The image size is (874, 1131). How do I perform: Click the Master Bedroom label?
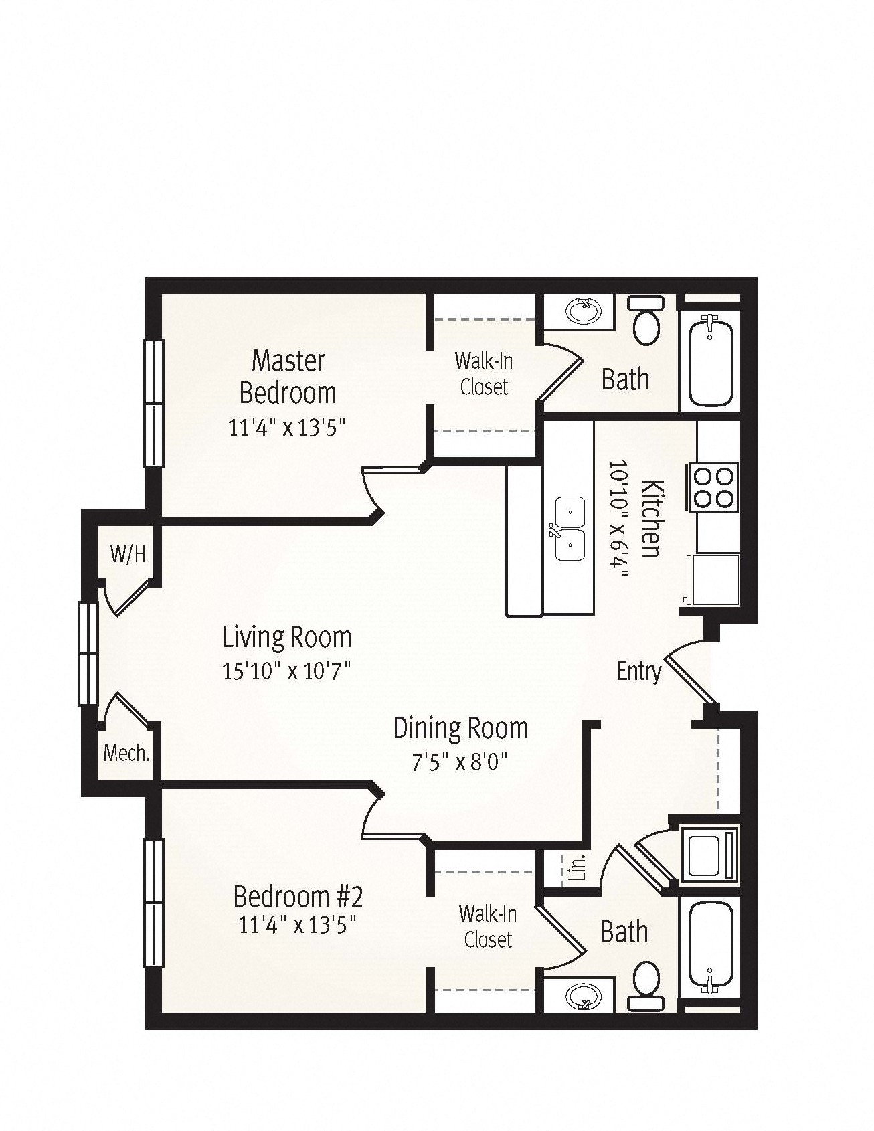point(288,377)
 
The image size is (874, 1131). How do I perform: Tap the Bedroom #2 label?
point(298,895)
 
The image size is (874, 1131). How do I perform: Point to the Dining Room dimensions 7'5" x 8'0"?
point(460,762)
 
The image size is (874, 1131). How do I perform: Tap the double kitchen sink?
point(570,529)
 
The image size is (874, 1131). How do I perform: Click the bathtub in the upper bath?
point(711,361)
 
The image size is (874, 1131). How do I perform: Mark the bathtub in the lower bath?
point(711,949)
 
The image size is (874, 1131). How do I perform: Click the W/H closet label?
point(128,554)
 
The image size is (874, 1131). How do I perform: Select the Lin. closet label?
point(580,867)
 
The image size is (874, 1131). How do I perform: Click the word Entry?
point(639,671)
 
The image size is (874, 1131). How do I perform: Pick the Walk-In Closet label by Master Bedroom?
point(484,373)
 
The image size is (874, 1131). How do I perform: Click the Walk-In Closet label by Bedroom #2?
point(488,926)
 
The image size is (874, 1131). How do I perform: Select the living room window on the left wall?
point(88,653)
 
